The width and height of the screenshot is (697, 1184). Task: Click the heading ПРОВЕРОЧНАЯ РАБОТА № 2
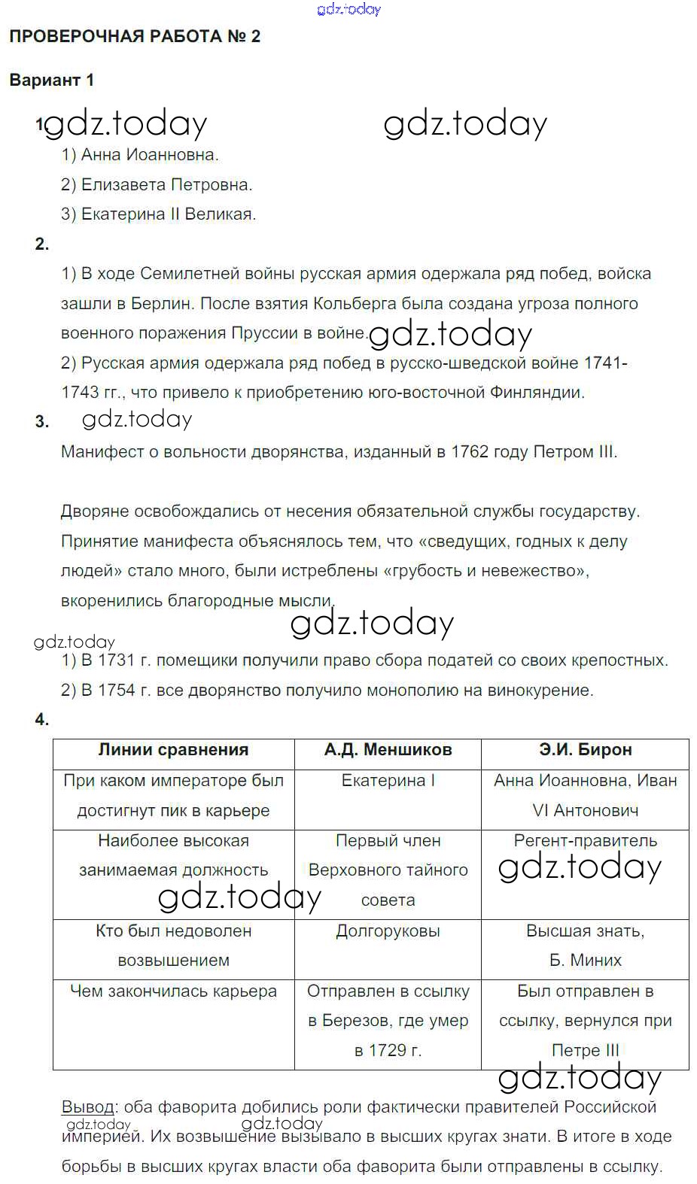pos(135,37)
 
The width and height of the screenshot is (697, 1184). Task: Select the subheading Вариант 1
pos(51,80)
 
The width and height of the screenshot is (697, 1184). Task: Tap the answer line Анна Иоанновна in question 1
pos(140,155)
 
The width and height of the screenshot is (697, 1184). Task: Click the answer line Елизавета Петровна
pos(157,185)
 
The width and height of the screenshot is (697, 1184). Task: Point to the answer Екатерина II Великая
pos(159,214)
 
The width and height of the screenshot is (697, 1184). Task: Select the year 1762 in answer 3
pos(470,452)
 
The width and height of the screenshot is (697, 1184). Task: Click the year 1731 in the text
pos(116,660)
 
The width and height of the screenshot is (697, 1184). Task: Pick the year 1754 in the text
pos(116,691)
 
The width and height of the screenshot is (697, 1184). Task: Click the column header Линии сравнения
pos(173,750)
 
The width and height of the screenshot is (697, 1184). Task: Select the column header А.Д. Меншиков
pos(388,750)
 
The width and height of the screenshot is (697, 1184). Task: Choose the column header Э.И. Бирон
pos(585,750)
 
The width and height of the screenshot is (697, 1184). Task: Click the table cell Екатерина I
pos(388,781)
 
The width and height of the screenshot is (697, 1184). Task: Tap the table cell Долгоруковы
pos(388,931)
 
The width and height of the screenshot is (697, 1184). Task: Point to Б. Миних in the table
pos(585,961)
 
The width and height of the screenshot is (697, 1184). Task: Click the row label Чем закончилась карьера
pos(173,991)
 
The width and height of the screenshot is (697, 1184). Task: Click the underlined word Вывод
pos(87,1107)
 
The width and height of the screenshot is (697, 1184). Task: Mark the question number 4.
pos(41,720)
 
